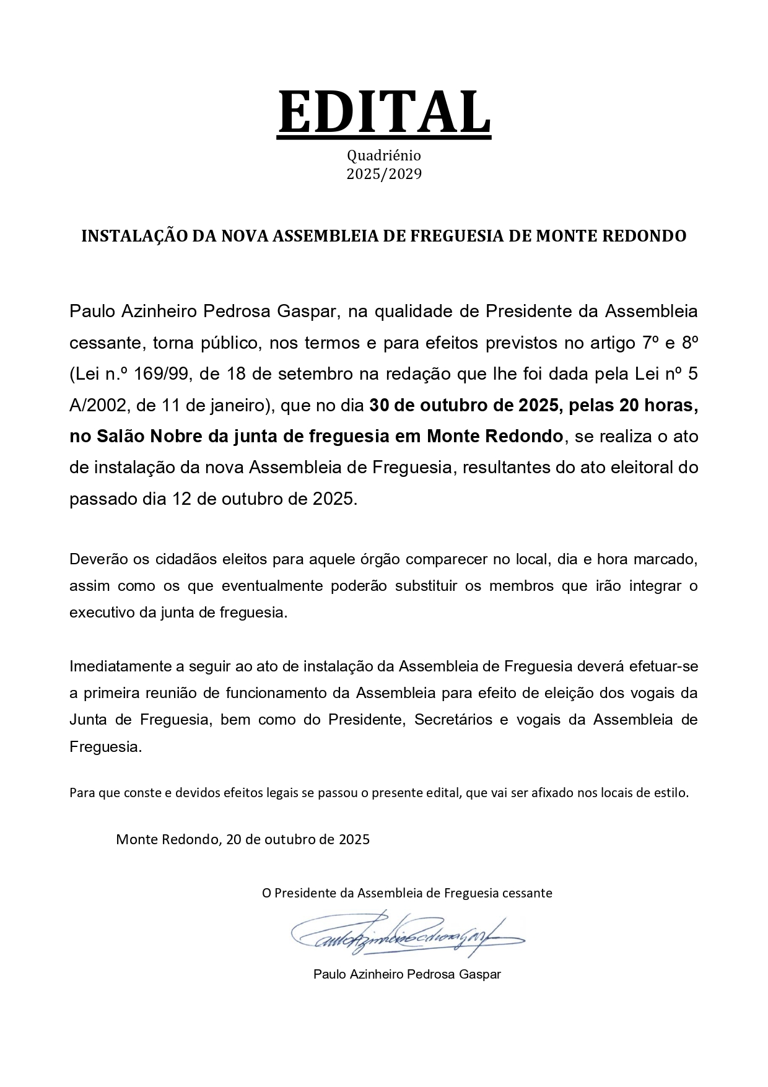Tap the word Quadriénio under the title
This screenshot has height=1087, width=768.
coord(384,155)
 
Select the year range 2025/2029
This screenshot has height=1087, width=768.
coord(384,174)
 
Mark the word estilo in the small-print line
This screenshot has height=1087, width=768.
coord(671,792)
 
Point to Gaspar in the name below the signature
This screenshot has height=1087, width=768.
coord(480,974)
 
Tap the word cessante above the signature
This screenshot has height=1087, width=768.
coord(526,893)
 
